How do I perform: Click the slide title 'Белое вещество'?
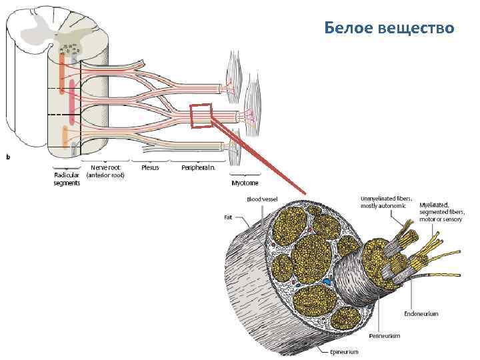(389, 28)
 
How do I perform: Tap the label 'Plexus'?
(150, 167)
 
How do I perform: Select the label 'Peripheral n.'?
(198, 167)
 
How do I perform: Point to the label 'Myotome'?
(245, 182)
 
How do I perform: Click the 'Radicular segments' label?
(67, 179)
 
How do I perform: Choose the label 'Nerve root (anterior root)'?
(105, 171)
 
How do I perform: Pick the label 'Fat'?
(228, 217)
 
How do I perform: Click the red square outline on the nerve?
(201, 115)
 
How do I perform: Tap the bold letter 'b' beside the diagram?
(8, 157)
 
